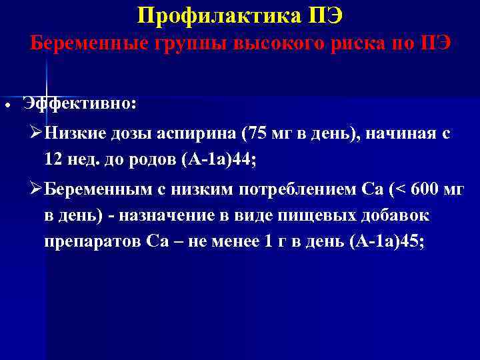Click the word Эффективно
pos(79,103)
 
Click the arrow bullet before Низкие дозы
pos(37,133)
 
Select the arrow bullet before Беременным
pos(37,191)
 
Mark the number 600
pos(425,191)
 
